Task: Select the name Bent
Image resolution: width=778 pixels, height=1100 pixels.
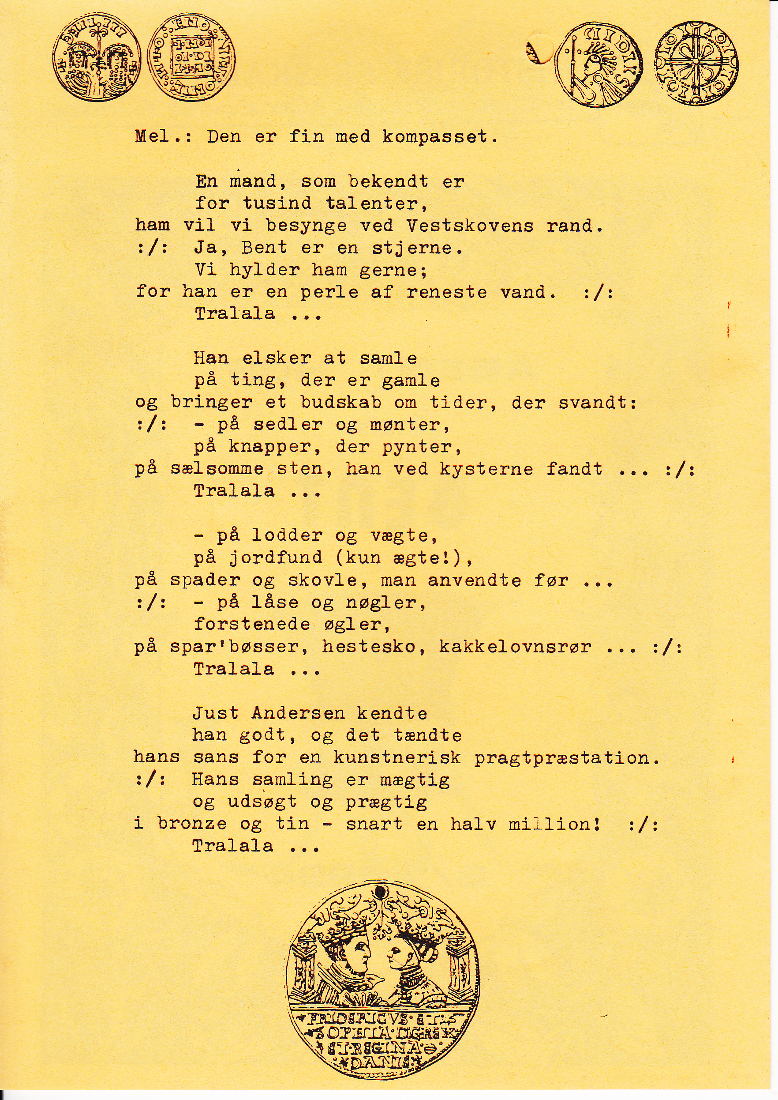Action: (x=265, y=248)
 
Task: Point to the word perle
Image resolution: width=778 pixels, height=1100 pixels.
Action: (x=329, y=293)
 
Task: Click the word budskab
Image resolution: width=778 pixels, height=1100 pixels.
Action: (x=340, y=403)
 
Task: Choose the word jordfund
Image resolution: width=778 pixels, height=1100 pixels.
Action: (x=276, y=558)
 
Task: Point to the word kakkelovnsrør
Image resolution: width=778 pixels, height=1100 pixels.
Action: (x=515, y=647)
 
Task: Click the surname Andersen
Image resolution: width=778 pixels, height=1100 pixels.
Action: (x=298, y=713)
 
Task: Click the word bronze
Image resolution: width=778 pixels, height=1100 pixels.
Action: (x=192, y=824)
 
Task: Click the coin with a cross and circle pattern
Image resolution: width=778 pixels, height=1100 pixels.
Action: (x=696, y=64)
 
